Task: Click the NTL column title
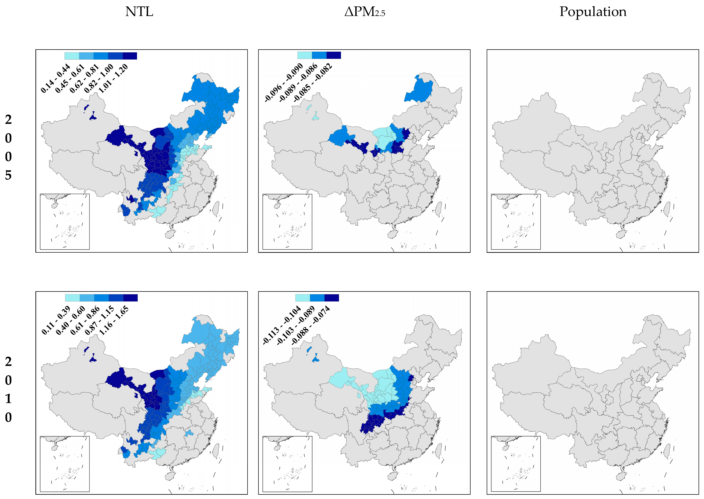click(x=139, y=12)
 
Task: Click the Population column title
click(x=593, y=12)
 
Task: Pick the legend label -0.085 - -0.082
click(x=313, y=82)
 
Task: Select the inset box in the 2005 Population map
click(x=516, y=221)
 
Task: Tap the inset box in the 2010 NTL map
click(x=65, y=464)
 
